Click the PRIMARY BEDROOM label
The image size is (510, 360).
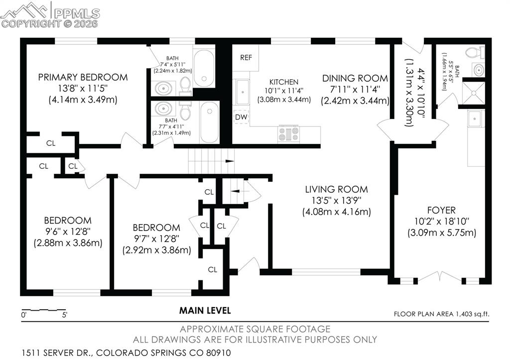tap(83, 77)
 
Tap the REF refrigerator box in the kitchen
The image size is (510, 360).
tap(246, 57)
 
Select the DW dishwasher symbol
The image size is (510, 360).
tap(241, 117)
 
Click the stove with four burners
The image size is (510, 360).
tap(288, 133)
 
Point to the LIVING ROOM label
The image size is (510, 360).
tap(336, 189)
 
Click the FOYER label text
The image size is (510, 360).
tap(441, 210)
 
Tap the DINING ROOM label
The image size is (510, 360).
tap(355, 78)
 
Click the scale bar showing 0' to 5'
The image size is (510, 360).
tap(44, 311)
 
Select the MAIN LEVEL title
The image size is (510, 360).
tap(205, 311)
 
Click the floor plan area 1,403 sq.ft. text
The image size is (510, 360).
tap(442, 314)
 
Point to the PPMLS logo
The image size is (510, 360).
tap(50, 14)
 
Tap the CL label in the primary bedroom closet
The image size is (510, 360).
tap(51, 143)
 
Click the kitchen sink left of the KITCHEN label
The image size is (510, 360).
tap(242, 93)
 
